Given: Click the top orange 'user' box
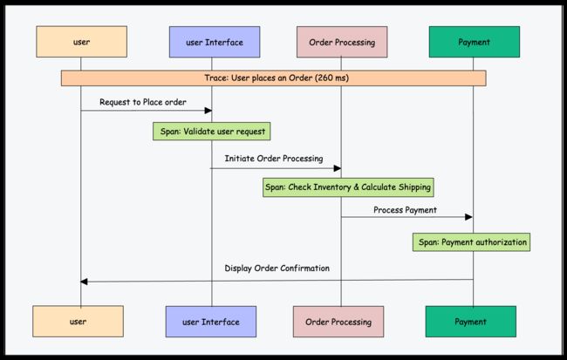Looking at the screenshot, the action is click(81, 42).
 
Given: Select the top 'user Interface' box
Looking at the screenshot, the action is click(215, 42).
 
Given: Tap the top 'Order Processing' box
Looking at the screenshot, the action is click(342, 42).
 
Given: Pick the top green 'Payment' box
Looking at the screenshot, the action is click(475, 42).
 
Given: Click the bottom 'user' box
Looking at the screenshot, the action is click(79, 322).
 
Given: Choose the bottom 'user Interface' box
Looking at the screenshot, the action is click(211, 322).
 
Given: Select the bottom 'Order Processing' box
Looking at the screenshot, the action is click(338, 322).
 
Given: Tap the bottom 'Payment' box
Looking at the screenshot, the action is click(471, 322).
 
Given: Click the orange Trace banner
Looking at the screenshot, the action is click(273, 78).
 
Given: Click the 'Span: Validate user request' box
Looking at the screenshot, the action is click(212, 132).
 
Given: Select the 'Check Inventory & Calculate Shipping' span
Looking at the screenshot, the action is click(348, 187).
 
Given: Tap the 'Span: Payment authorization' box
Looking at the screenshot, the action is click(472, 242).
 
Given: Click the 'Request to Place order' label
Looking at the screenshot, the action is click(143, 102).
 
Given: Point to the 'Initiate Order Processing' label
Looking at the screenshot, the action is click(274, 159).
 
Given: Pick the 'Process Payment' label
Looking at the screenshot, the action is click(405, 210).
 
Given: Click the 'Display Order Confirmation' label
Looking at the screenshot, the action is click(277, 268).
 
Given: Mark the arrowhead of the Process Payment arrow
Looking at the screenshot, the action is click(468, 217).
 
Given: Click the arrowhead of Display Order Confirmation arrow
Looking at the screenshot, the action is click(84, 282).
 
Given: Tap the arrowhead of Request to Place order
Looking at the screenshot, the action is click(208, 110).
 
